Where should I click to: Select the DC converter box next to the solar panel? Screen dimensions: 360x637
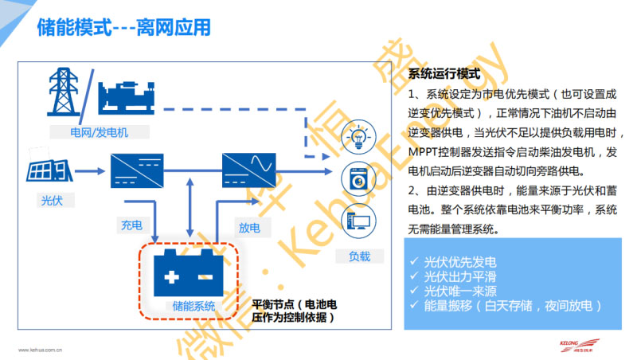137,170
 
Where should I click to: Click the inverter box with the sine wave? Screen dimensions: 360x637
248,170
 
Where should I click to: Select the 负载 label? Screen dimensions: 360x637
359,256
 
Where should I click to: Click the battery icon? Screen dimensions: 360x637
189,273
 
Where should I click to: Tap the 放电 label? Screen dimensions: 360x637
249,227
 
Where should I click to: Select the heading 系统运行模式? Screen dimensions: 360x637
444,74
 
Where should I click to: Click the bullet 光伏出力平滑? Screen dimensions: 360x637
461,276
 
